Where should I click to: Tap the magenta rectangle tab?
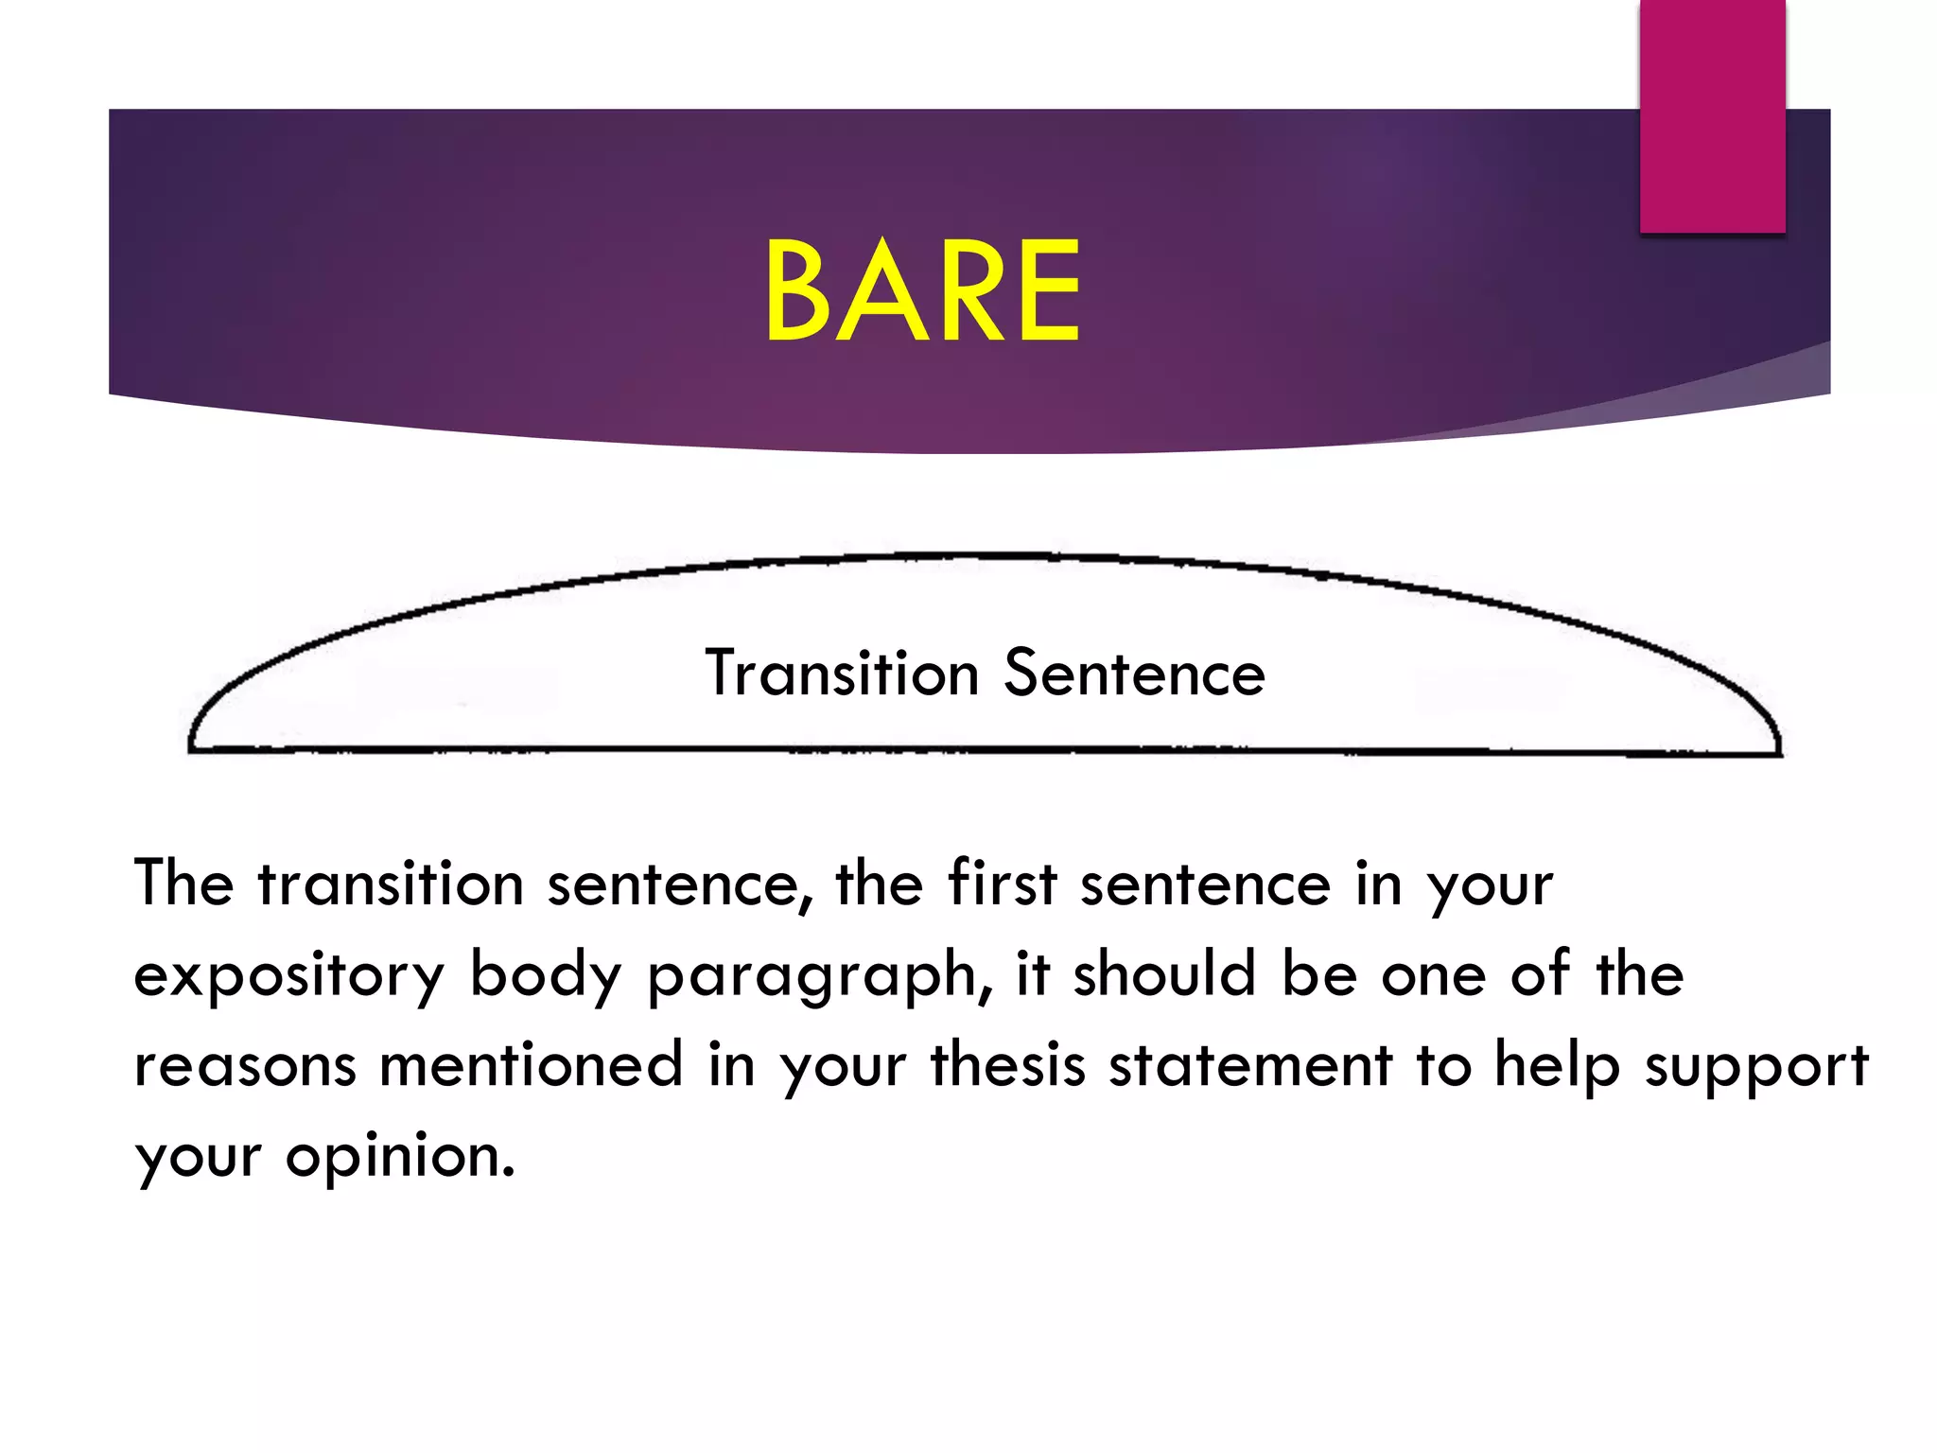coord(1712,115)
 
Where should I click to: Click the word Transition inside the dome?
coord(842,674)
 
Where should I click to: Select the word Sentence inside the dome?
coord(1134,674)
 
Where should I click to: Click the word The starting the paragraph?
coord(183,883)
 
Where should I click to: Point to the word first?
coord(1002,883)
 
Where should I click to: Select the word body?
coord(546,974)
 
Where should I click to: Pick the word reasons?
coord(245,1066)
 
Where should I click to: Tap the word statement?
coord(1250,1064)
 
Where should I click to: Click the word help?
coord(1556,1066)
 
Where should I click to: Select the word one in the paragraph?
coord(1433,976)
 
